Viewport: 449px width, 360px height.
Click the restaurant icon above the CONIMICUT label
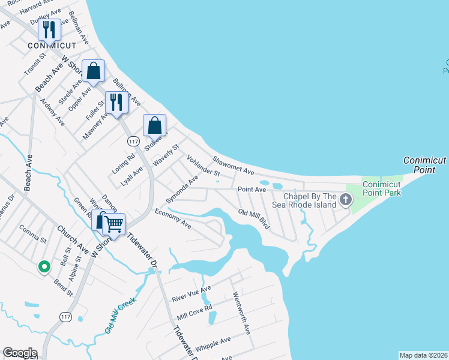pos(49,29)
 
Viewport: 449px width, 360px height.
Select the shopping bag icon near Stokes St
pos(154,125)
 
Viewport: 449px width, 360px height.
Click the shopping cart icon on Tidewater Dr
pos(114,224)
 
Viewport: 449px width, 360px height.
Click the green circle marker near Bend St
pos(43,267)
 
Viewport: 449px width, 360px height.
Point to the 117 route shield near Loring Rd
pos(133,140)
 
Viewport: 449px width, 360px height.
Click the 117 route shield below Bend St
pos(66,316)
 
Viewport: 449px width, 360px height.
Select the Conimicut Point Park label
pos(381,188)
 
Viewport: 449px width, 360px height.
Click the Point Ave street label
pos(252,189)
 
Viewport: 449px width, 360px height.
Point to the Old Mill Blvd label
pos(253,219)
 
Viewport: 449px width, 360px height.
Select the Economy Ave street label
pos(172,218)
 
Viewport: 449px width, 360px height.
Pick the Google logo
pos(20,353)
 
